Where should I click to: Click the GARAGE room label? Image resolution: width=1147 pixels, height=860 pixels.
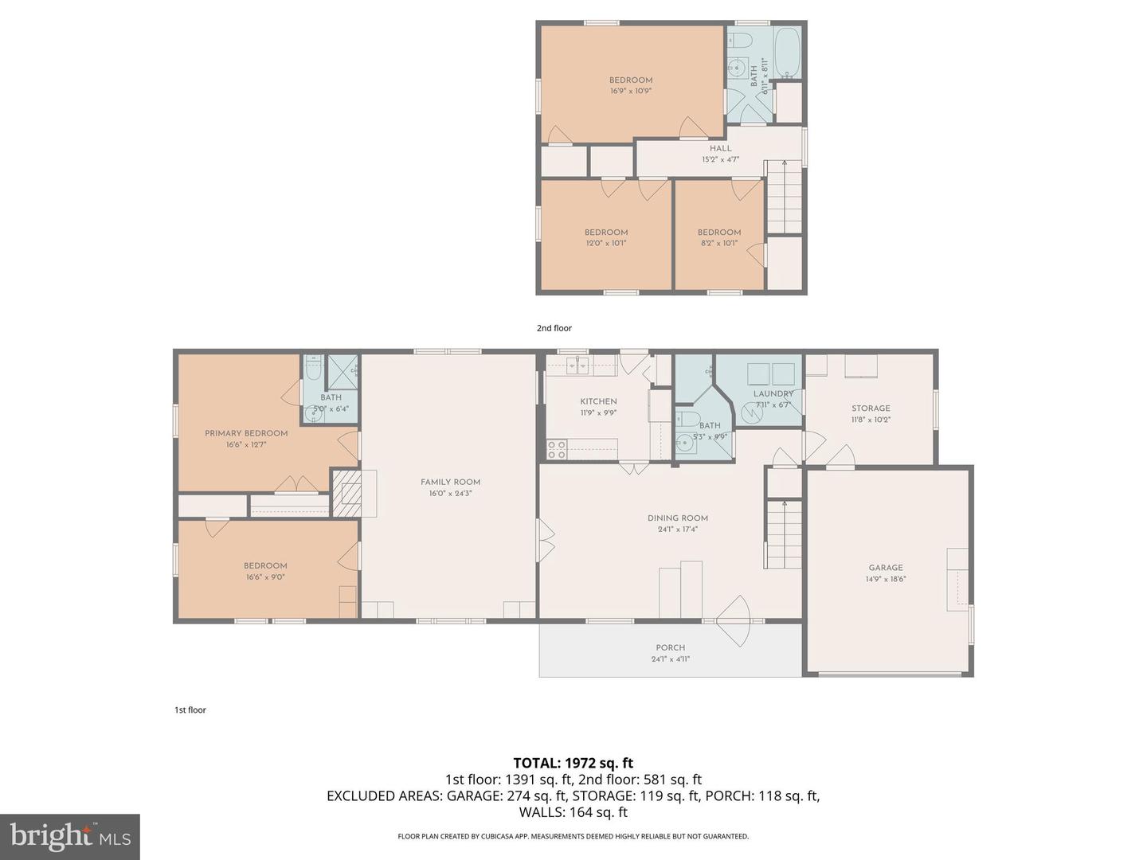click(x=886, y=568)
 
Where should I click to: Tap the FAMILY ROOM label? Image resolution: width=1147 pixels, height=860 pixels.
click(x=451, y=482)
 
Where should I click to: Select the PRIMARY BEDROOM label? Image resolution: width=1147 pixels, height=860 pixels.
click(x=246, y=433)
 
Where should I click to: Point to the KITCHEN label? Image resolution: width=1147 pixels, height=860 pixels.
click(x=598, y=401)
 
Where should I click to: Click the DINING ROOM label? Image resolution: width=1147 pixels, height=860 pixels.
click(x=678, y=518)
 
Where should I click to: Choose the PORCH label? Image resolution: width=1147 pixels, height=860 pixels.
click(x=671, y=647)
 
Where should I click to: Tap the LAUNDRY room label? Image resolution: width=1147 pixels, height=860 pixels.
click(x=773, y=393)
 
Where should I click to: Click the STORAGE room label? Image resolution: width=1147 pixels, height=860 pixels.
click(x=871, y=408)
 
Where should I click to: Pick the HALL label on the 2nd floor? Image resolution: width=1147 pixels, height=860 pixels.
click(x=721, y=148)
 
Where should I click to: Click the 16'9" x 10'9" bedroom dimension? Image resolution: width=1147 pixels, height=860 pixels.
click(x=631, y=91)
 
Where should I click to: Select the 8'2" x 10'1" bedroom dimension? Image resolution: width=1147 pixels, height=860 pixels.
click(x=719, y=243)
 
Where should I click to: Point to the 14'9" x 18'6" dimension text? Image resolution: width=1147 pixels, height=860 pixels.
click(x=886, y=579)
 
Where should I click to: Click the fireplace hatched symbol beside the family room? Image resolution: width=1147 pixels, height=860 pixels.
click(x=346, y=494)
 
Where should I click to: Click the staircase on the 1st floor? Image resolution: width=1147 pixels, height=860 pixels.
click(x=784, y=534)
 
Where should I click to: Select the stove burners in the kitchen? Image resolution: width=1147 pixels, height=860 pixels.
click(x=556, y=450)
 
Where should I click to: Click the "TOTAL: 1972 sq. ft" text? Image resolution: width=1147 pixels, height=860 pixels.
click(x=573, y=763)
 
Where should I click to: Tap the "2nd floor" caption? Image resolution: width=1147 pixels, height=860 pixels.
click(x=554, y=328)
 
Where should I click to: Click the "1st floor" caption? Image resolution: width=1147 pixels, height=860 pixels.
click(x=190, y=710)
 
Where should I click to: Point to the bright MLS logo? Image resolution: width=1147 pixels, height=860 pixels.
click(x=70, y=836)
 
